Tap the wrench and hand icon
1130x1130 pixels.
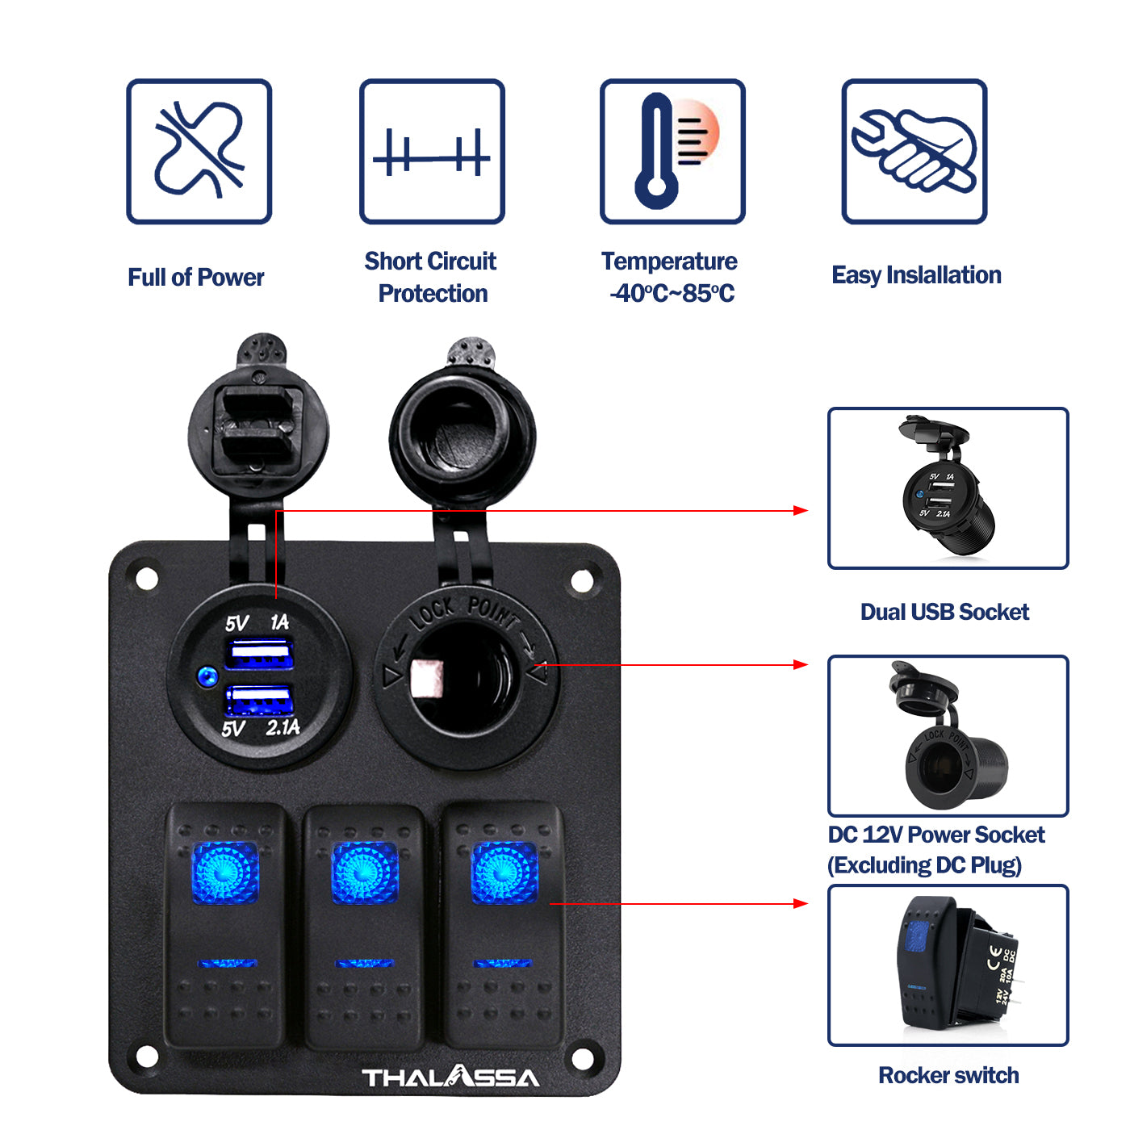914,151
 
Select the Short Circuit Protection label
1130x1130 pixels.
431,277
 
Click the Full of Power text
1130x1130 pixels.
195,277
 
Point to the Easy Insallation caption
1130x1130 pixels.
916,275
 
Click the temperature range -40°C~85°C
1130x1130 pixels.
672,293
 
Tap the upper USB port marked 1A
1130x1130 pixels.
258,653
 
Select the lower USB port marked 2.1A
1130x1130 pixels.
258,701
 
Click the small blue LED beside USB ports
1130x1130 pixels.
207,676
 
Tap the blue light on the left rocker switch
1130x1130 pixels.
225,873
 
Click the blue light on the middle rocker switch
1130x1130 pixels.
365,873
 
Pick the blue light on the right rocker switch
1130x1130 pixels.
504,873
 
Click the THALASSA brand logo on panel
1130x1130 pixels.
450,1077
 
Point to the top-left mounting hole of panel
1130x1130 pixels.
146,579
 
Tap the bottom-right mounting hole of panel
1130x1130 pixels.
582,1057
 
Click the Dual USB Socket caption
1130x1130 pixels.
944,612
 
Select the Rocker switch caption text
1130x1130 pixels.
948,1075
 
